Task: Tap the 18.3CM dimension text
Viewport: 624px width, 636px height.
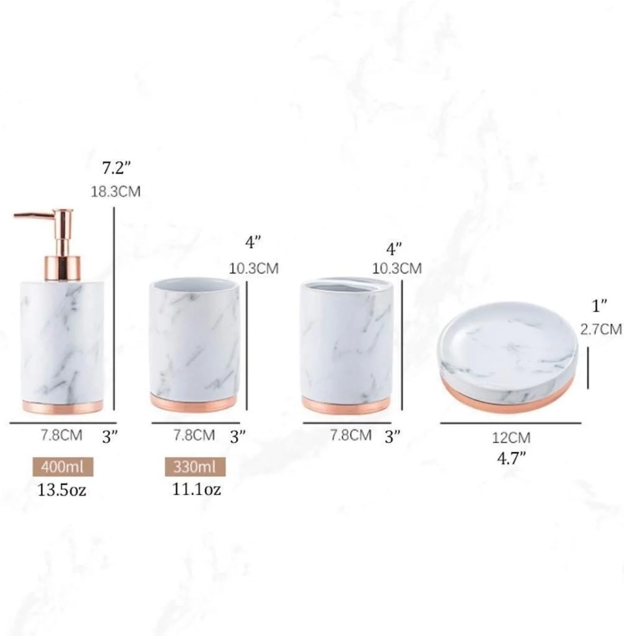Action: [116, 192]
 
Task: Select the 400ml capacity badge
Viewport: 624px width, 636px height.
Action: [63, 467]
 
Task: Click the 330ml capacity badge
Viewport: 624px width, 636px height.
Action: [195, 467]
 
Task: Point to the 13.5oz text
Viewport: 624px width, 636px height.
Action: [62, 490]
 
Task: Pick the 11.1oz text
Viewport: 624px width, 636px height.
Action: [196, 489]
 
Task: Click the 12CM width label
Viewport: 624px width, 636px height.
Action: [511, 438]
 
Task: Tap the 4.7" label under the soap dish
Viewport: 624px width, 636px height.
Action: [511, 458]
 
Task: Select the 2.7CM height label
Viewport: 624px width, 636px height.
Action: [601, 329]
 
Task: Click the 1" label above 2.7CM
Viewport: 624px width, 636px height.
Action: [600, 306]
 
